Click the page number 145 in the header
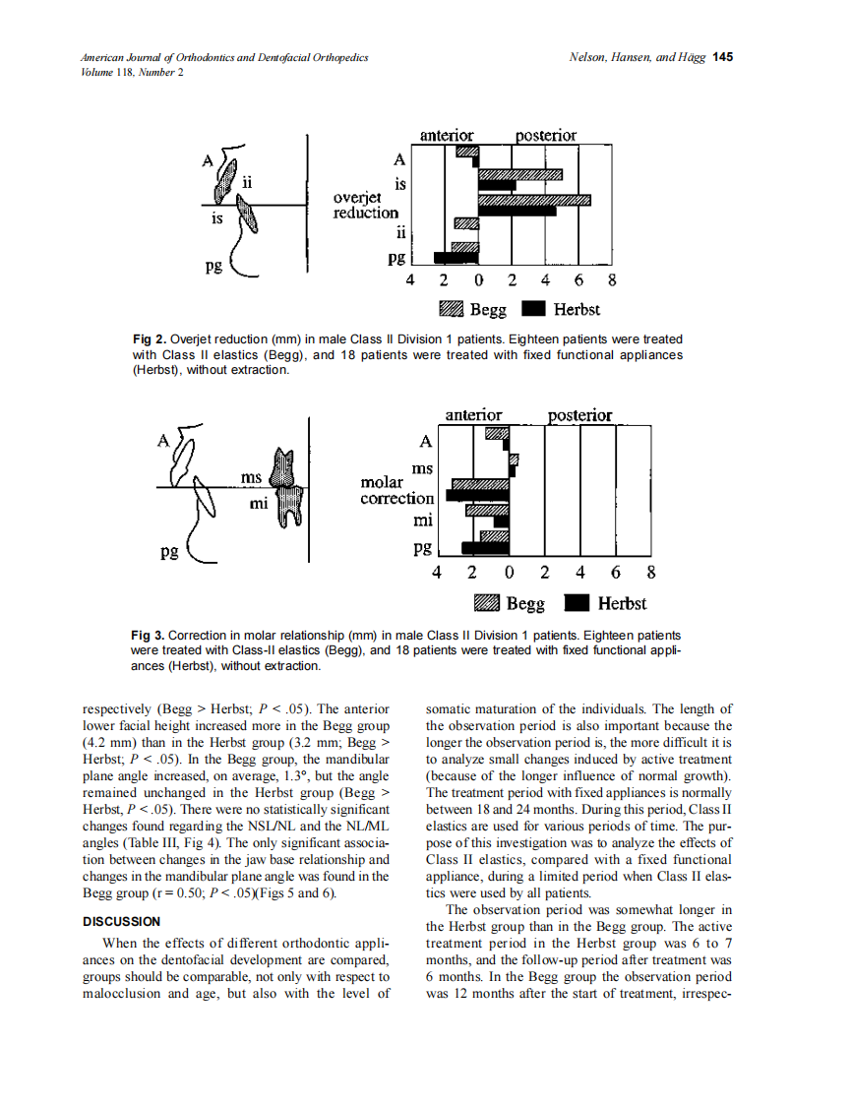coord(723,56)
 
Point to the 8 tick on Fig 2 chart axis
coord(612,279)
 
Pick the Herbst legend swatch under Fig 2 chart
coord(532,309)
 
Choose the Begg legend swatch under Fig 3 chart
coord(488,602)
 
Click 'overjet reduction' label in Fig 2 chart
coord(366,205)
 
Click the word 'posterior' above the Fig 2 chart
coord(546,135)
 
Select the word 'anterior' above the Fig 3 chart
coord(473,415)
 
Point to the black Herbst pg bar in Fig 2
coord(455,259)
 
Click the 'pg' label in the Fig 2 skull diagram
coord(213,266)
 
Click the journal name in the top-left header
coord(224,57)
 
